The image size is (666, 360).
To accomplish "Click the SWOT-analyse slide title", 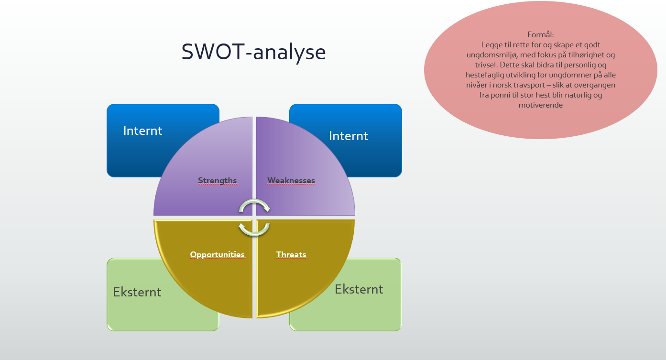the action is click(253, 52).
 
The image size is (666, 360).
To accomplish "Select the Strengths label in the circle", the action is click(218, 180).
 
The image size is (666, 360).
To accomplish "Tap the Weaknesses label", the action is click(291, 180).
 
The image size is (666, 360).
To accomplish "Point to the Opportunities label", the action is click(218, 255).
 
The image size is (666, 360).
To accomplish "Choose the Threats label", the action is click(291, 254).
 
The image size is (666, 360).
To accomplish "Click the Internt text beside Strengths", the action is click(142, 131).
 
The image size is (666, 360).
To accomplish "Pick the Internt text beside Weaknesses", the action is click(349, 136).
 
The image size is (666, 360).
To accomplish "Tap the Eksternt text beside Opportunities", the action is click(137, 292).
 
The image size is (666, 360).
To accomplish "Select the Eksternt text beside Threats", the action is click(359, 289).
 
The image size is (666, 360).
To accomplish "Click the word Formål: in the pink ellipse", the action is click(541, 35).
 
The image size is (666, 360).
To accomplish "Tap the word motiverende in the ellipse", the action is click(541, 105).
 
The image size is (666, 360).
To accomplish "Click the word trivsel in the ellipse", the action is click(486, 65).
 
